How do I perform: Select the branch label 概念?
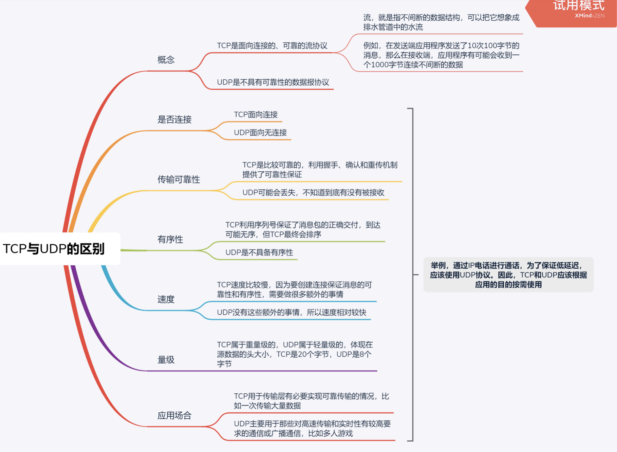(x=166, y=60)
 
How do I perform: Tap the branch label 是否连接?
(x=174, y=119)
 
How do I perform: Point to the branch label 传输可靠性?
(x=179, y=180)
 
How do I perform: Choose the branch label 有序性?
(x=170, y=240)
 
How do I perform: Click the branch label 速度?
(x=166, y=299)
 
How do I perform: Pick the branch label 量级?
(x=166, y=360)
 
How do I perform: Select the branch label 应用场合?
(x=174, y=415)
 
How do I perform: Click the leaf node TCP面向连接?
(x=256, y=115)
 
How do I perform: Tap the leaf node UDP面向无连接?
(x=260, y=133)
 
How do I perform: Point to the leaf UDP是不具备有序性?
(x=259, y=252)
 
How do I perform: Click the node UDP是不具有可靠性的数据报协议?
(x=273, y=82)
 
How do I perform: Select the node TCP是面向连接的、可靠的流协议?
(x=272, y=46)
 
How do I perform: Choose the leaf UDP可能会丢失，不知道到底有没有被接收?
(x=313, y=193)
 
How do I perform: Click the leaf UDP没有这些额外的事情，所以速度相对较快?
(x=292, y=313)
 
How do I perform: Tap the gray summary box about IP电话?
(x=508, y=275)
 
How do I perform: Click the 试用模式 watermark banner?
(x=578, y=6)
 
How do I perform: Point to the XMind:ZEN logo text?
(x=590, y=16)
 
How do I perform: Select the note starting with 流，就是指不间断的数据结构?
(x=441, y=22)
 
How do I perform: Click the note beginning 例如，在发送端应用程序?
(x=441, y=55)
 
